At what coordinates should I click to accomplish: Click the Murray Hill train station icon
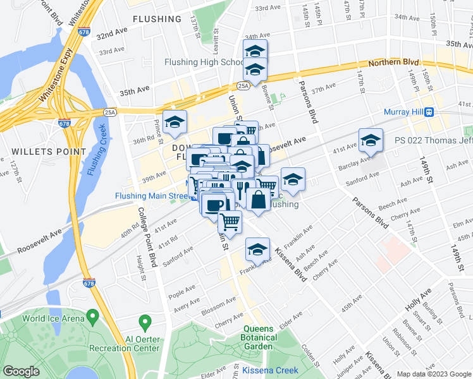pos(429,112)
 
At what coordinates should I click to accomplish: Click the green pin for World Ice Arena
pos(94,315)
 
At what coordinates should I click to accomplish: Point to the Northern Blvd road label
pos(394,62)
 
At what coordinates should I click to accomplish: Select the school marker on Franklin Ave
pos(257,249)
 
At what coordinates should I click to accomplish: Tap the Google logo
pos(21,371)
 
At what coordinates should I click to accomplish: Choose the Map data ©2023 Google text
pos(434,374)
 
